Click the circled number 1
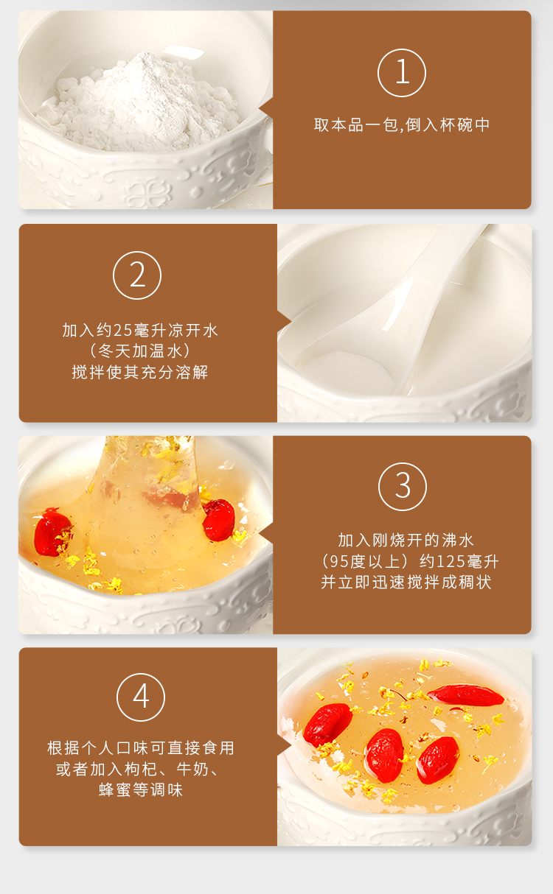tap(402, 73)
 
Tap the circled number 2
tap(137, 275)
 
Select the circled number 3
tap(403, 487)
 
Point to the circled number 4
tap(141, 697)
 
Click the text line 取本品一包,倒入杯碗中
tap(402, 125)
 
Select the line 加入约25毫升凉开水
tap(140, 331)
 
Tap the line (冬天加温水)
tap(140, 351)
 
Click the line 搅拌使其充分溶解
tap(140, 372)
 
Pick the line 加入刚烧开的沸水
tap(406, 541)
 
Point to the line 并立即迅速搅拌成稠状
tap(406, 582)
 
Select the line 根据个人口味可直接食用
tap(141, 748)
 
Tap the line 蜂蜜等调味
tap(141, 789)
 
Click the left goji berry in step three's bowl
tap(52, 532)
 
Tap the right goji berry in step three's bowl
tap(218, 520)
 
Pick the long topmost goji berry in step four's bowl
tap(466, 695)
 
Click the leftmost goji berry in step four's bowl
tap(328, 725)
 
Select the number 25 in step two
tap(122, 331)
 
